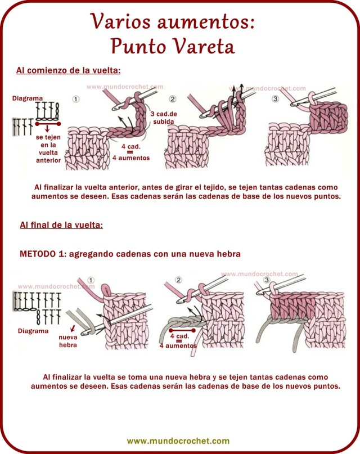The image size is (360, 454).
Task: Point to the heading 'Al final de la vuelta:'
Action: (61, 225)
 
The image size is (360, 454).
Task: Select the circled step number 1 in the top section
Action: (76, 100)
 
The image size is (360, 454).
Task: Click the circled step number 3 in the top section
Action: (275, 100)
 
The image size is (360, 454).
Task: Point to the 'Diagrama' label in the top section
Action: (27, 98)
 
